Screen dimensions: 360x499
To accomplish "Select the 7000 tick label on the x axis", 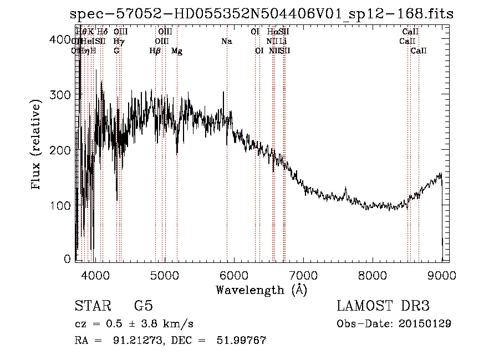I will point(303,274).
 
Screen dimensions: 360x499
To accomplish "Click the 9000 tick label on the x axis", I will point(441,274).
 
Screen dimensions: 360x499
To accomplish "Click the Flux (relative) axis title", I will point(37,145).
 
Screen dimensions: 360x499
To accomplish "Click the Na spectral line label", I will point(226,42).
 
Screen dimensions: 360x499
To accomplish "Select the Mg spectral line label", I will point(177,51).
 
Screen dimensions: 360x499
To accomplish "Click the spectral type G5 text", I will point(143,306).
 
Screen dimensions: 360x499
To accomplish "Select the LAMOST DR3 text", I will point(383,306).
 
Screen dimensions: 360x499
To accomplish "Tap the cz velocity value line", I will point(134,323).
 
